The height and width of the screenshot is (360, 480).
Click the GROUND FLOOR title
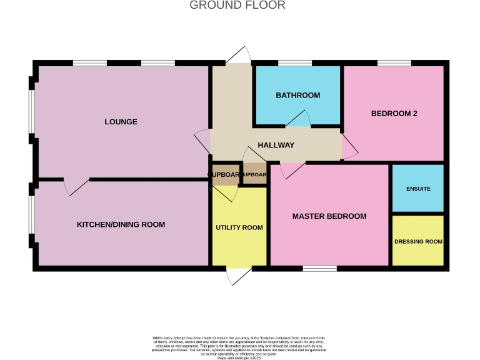click(x=237, y=6)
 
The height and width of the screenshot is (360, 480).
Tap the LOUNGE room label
click(x=121, y=121)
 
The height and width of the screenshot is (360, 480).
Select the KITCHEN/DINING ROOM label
click(x=121, y=224)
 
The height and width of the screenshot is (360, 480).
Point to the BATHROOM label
click(x=297, y=96)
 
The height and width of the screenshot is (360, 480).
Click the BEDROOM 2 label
click(x=394, y=114)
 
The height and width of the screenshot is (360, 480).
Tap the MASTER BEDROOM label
click(x=329, y=216)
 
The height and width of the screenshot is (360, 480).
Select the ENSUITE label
click(x=417, y=188)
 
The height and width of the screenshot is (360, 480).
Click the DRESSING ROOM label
click(x=417, y=241)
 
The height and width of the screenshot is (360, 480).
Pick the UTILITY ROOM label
click(x=239, y=227)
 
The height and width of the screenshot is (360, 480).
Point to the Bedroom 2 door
click(x=349, y=146)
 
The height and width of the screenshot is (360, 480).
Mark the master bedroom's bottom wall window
click(x=319, y=269)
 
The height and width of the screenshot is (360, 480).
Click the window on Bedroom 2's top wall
click(x=394, y=62)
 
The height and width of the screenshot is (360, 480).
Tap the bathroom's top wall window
click(x=294, y=62)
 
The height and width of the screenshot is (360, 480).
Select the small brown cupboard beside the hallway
click(x=255, y=175)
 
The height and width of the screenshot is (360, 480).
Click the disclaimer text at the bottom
click(x=239, y=347)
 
